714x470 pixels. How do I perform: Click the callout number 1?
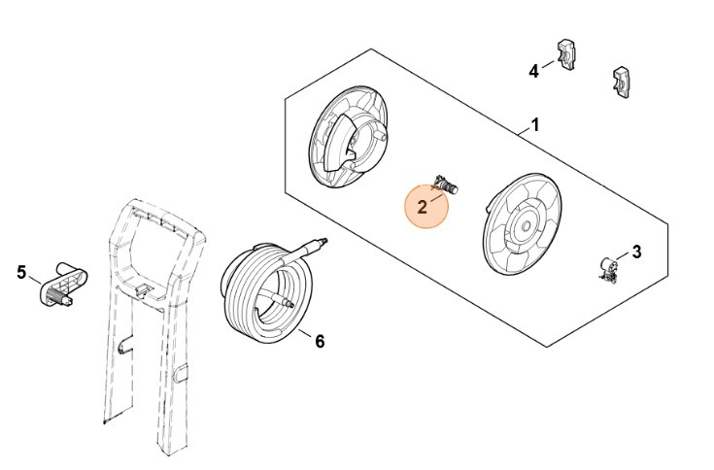[534, 126]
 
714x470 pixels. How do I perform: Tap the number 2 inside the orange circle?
[422, 207]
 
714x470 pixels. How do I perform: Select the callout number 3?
[636, 252]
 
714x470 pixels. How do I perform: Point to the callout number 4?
[533, 71]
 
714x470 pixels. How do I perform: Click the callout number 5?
[21, 272]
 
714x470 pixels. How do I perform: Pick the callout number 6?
[320, 341]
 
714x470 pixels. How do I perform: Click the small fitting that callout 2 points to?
[448, 183]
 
